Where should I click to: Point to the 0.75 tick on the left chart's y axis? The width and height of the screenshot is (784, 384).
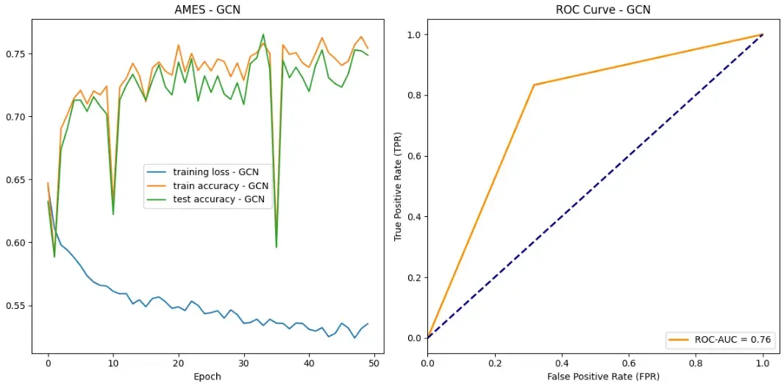19,54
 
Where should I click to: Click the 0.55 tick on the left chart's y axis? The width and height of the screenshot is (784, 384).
19,305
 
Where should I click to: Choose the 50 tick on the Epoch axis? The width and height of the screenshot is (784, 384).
374,363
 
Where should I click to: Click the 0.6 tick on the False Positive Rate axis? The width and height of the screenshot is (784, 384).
628,363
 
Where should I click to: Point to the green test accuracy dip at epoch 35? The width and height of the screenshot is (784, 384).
276,247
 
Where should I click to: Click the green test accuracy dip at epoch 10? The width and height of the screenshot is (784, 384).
113,214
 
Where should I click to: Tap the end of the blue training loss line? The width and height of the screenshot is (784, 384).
368,324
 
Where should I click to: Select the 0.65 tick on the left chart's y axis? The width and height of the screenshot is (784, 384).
19,179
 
